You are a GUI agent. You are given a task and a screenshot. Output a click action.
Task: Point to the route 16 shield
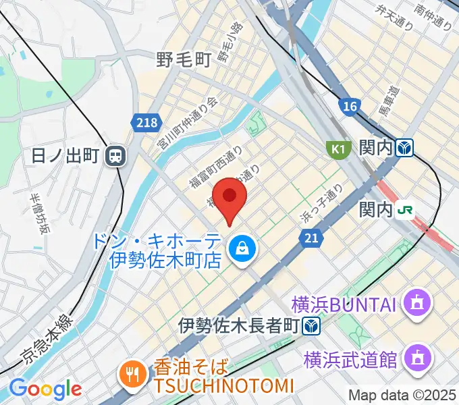point(349,106)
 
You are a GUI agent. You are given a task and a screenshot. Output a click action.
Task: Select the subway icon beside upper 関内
point(405,147)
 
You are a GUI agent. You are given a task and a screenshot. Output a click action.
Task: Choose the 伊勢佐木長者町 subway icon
point(311,325)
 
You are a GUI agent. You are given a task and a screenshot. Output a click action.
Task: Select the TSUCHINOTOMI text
point(222,386)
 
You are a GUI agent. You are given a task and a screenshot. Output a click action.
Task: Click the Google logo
point(45,389)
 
